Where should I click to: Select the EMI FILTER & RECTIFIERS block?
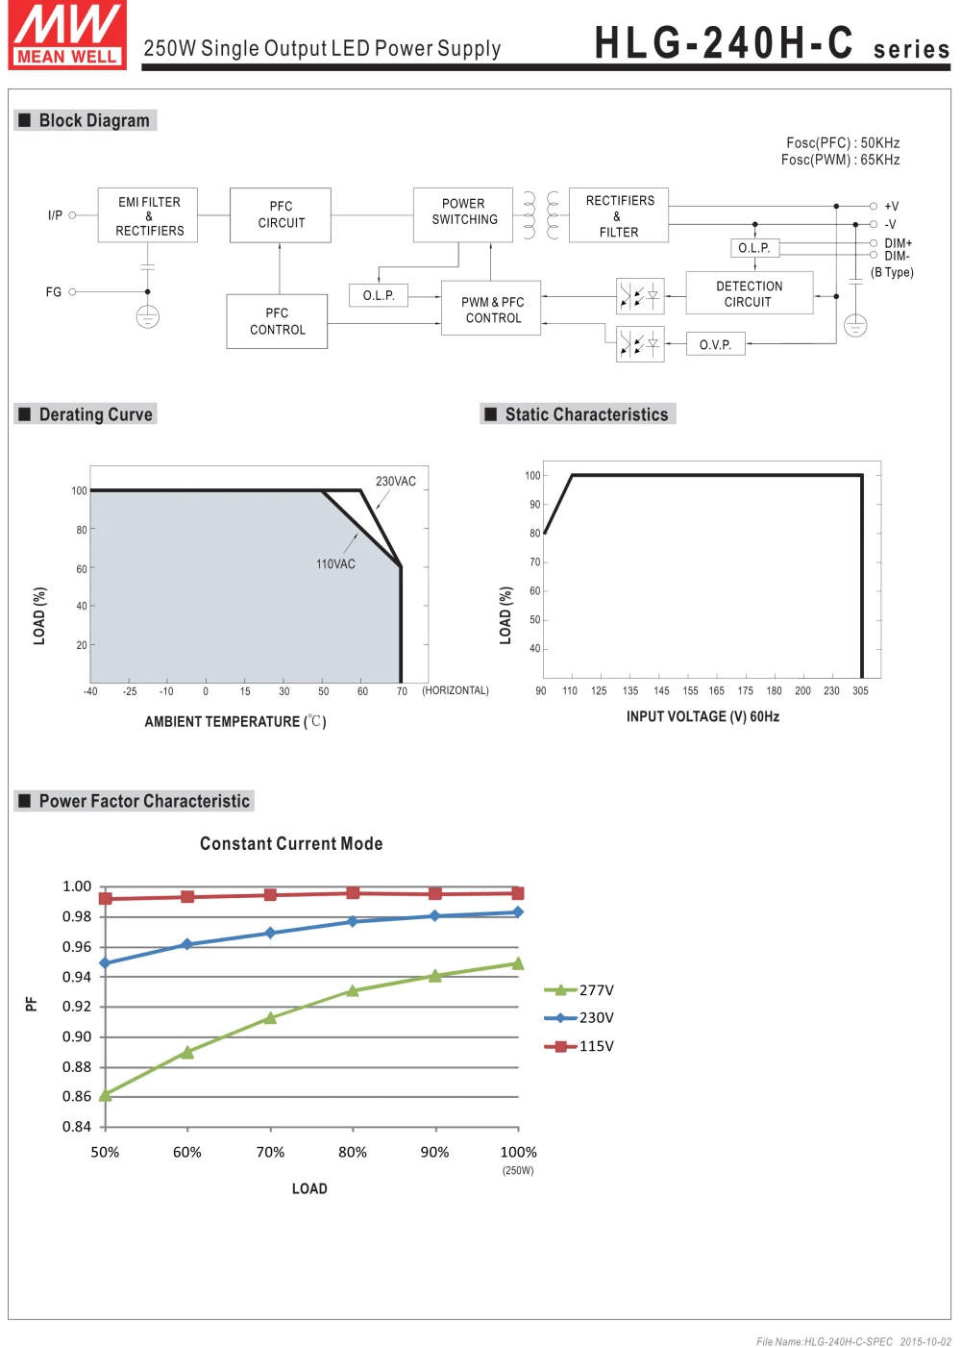pos(148,215)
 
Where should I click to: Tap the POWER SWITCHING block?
pos(463,212)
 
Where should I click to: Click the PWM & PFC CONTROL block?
pos(492,309)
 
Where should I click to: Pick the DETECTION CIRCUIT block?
pos(749,293)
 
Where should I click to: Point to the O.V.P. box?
pos(715,344)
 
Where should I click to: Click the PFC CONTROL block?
pos(277,321)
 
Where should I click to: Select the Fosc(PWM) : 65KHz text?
pos(840,160)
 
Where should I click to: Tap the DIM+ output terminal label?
pos(898,243)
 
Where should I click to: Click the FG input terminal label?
pos(54,292)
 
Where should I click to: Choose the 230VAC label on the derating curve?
pos(395,481)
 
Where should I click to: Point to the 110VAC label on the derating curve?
pos(335,564)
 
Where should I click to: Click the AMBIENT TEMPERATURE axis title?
pos(234,721)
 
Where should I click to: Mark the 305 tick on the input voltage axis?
pos(860,691)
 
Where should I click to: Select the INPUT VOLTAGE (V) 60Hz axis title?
pos(702,716)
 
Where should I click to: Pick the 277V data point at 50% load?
pos(106,1095)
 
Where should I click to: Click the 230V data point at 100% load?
pos(518,912)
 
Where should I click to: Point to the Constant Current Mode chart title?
pos(291,843)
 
